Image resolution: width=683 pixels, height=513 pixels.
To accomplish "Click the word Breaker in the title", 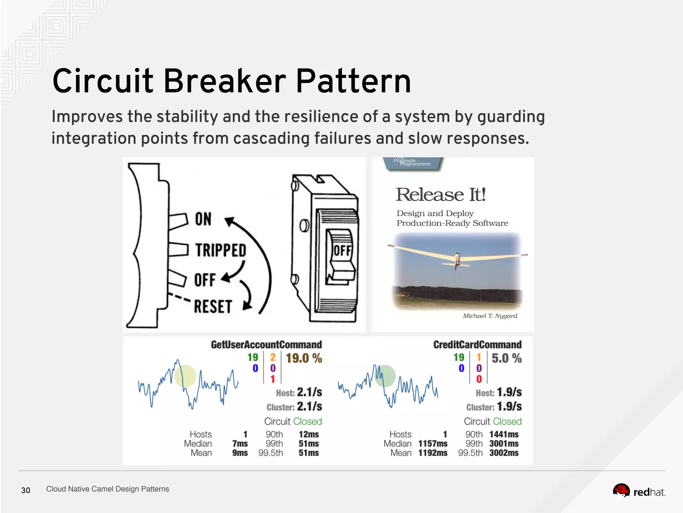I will [224, 81].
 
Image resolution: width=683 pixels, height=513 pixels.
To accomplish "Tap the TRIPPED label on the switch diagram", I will [220, 250].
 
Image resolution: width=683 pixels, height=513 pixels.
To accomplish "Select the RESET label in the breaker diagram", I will [213, 307].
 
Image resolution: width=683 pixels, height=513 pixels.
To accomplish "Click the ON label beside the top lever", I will [203, 219].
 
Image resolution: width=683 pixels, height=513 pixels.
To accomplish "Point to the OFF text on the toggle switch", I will [342, 250].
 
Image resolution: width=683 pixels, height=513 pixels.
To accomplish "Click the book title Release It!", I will [440, 195].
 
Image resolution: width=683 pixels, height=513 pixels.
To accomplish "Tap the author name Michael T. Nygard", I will [490, 316].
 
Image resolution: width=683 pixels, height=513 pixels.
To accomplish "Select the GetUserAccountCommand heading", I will [266, 345].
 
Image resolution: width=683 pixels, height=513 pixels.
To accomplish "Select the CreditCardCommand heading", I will [477, 345].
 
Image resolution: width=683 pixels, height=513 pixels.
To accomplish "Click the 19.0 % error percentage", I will [304, 358].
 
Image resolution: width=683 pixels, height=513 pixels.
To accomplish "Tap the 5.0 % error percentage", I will [506, 358].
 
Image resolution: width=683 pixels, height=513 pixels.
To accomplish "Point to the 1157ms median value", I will [433, 444].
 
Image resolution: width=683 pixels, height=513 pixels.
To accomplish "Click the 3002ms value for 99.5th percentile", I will [504, 453].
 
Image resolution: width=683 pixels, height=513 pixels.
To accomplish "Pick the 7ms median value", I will [240, 444].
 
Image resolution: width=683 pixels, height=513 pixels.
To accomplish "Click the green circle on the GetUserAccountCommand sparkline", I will [185, 376].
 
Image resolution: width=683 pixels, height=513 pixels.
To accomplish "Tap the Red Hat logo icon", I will [621, 491].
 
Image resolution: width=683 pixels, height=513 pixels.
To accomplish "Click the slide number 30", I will [26, 490].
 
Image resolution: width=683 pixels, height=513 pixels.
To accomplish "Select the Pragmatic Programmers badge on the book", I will [413, 163].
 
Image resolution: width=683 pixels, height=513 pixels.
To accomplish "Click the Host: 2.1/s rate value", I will [309, 392].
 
